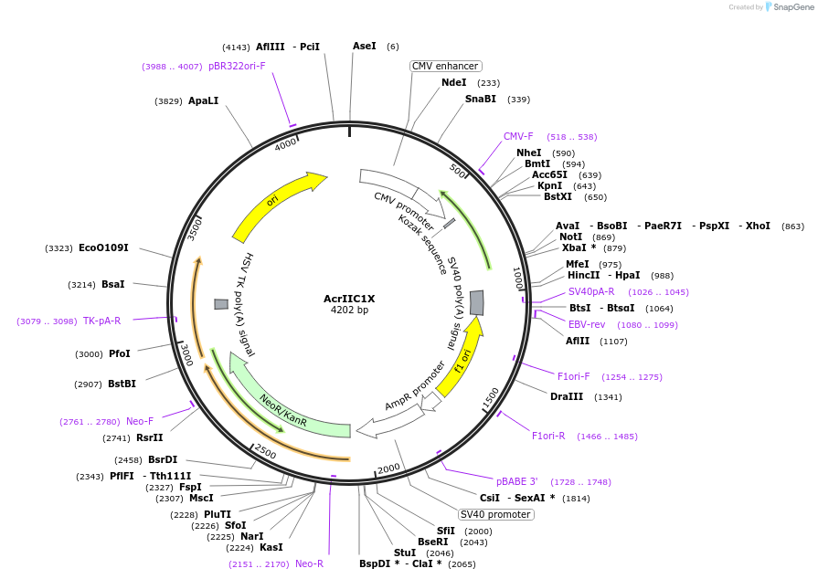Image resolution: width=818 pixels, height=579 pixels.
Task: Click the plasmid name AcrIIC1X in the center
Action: [x=349, y=299]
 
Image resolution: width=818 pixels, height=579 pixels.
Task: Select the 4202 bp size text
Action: [x=349, y=311]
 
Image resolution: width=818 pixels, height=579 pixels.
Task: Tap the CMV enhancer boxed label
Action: [x=445, y=66]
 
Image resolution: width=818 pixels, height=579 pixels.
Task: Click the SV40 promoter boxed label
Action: [x=495, y=514]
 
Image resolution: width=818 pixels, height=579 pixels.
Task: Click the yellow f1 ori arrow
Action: [x=462, y=360]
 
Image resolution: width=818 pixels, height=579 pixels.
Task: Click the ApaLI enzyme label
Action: [x=203, y=101]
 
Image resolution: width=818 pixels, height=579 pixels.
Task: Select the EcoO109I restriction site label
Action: [x=103, y=248]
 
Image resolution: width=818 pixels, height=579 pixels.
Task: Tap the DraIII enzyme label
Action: [x=567, y=396]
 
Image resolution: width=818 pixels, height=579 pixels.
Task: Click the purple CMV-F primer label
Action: [x=518, y=137]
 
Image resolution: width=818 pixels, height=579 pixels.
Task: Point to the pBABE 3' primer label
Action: [x=517, y=481]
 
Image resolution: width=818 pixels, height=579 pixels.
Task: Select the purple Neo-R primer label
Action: [x=309, y=564]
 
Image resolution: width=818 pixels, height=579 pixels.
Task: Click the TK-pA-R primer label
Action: [x=101, y=321]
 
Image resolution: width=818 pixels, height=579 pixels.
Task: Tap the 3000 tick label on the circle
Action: [x=186, y=354]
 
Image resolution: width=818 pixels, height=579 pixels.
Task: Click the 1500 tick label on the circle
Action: [x=490, y=396]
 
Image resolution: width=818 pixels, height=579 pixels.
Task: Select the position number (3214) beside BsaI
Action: [x=81, y=285]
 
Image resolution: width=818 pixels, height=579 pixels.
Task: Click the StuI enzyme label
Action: [x=404, y=553]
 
